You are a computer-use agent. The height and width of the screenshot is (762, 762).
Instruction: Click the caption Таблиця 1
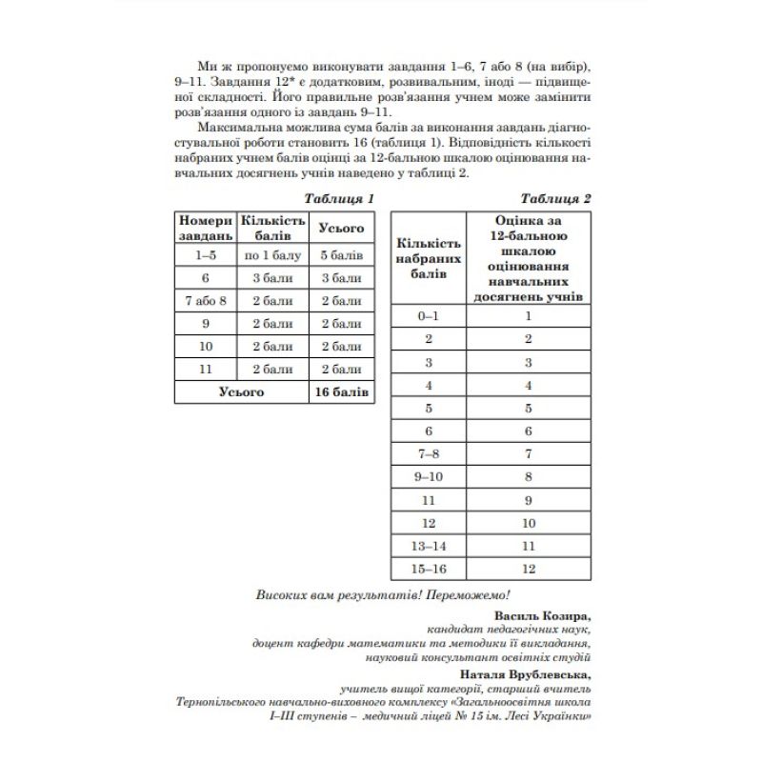(337, 199)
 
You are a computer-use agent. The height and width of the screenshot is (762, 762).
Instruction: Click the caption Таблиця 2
(556, 199)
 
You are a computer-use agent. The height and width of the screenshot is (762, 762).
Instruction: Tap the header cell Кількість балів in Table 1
(272, 227)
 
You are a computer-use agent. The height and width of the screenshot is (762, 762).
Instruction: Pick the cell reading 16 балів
(340, 391)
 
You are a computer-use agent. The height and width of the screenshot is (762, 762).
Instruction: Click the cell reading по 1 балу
(272, 255)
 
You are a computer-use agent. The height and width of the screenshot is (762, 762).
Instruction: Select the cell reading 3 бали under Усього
(340, 278)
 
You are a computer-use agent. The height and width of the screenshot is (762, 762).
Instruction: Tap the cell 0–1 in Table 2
(429, 316)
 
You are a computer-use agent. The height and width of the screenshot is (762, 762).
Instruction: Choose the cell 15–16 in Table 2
(429, 569)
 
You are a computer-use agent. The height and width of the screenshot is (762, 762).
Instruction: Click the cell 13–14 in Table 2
(429, 546)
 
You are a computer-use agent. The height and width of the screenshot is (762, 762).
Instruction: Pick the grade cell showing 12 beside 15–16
(527, 569)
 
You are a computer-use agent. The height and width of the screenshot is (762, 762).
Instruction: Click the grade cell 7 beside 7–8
(527, 454)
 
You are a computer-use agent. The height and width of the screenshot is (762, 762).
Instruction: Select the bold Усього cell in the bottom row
(240, 391)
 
